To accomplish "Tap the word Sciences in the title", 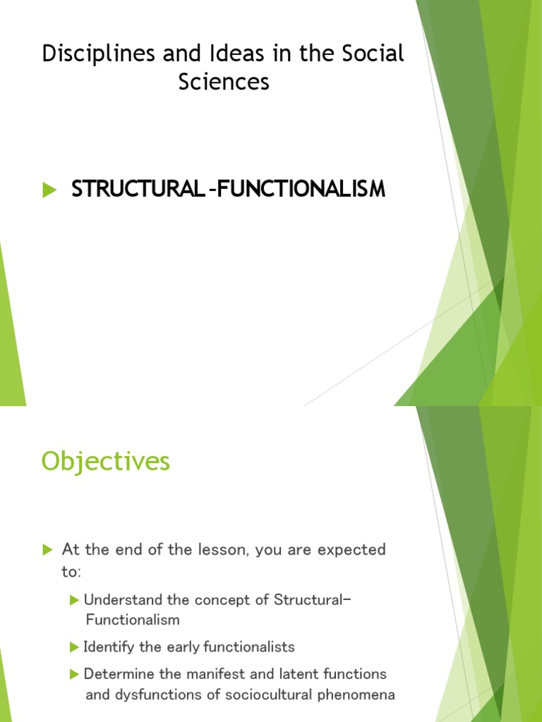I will (224, 82).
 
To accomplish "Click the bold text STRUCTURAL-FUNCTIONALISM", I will (228, 189).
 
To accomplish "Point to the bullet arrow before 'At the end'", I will (48, 549).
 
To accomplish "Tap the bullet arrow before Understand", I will (75, 600).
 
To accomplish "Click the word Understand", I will (117, 600).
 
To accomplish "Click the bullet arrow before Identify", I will (75, 647).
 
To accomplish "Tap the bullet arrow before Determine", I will (75, 674).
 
